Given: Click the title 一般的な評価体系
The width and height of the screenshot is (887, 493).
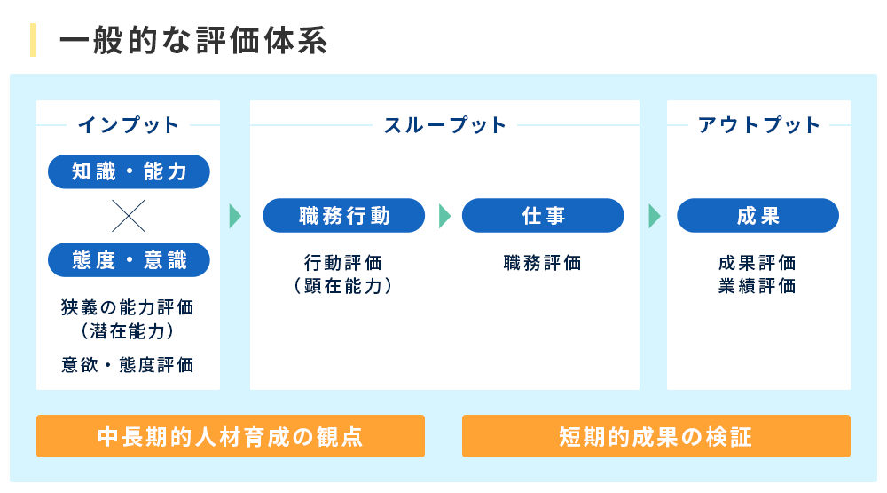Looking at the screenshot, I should pos(193,41).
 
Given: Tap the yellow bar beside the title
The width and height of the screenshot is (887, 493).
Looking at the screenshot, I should pos(34,41).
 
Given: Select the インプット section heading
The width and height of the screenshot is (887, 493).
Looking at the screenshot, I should pos(129,125).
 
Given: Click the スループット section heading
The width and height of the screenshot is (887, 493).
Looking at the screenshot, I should pos(444,125).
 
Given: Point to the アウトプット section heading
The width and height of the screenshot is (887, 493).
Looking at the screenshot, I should pos(759,125).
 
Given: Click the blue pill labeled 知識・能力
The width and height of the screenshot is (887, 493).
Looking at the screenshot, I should pos(129,171).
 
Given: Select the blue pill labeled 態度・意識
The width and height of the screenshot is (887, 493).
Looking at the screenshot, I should pos(129,260).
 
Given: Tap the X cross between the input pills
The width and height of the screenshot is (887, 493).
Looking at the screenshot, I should pos(129,216).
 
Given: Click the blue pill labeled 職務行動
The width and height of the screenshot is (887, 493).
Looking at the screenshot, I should pos(345,216).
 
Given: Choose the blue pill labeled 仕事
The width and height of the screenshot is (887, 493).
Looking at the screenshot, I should pos(543,216).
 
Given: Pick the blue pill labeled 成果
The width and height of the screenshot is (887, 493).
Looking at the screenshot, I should pos(757,216).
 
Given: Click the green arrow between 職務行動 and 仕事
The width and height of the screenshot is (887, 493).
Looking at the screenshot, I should pos(444,216).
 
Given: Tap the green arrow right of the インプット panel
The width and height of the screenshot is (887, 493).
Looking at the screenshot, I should pos(235,216).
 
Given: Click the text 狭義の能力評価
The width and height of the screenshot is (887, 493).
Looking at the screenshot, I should pos(128,308).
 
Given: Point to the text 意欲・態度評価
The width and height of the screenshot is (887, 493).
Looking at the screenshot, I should pos(128,365).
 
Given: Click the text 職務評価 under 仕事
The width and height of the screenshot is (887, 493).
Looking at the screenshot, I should pos(542,263).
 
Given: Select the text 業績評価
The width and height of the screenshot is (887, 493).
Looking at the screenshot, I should pos(757,286).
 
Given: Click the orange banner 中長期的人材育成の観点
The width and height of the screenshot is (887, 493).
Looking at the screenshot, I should pos(230,437).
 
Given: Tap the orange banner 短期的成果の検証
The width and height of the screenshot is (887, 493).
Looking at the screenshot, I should pos(655,437).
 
